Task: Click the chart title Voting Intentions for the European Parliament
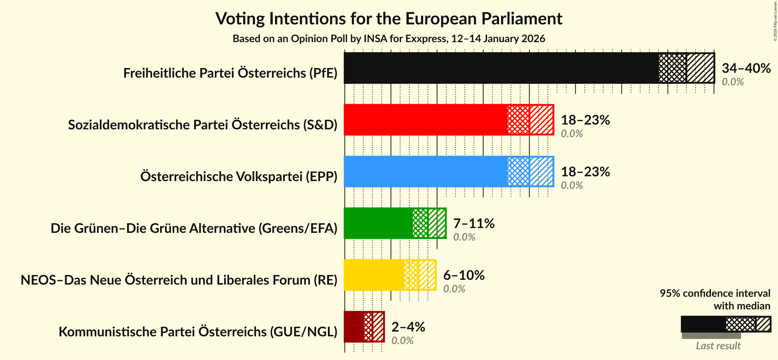(x=389, y=18)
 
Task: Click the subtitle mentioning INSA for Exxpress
(x=389, y=39)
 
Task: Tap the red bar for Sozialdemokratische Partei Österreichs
(x=425, y=120)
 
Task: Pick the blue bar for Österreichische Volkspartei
(x=425, y=171)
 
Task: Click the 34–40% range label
(x=746, y=68)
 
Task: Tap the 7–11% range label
(x=474, y=224)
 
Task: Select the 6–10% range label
(x=464, y=275)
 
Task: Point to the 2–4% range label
(x=408, y=327)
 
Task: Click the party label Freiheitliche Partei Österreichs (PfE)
(x=230, y=73)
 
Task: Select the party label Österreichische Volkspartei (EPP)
(x=239, y=177)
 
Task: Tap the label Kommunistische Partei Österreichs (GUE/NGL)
(x=198, y=332)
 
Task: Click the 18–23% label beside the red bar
(x=585, y=120)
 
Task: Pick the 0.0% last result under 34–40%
(x=733, y=82)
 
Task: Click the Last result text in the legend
(x=718, y=346)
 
